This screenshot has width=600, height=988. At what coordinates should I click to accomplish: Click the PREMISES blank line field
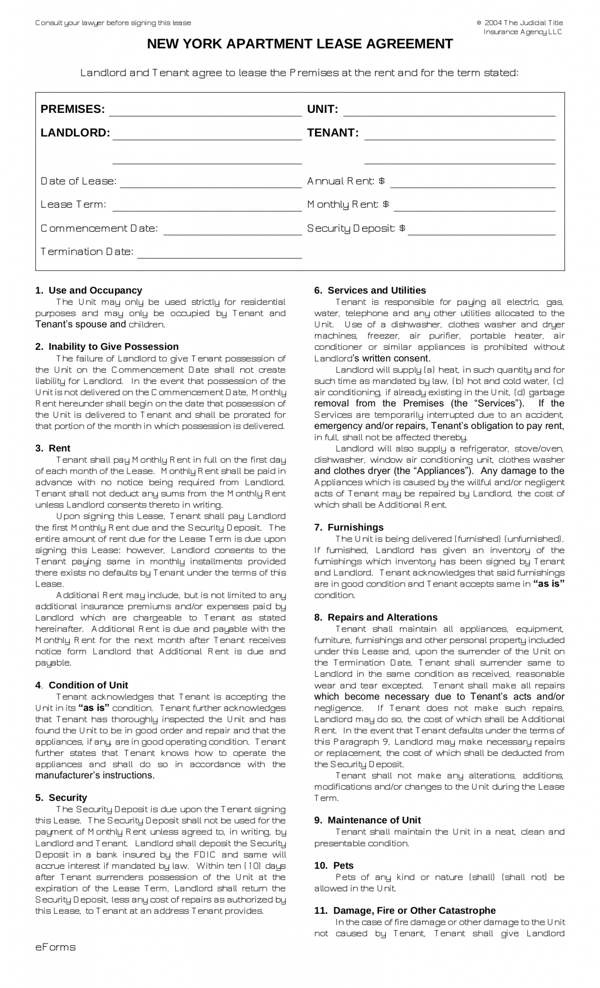tap(205, 111)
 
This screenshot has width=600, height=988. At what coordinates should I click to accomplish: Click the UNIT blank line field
tap(449, 111)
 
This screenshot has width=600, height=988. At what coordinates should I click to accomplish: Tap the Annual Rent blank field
tap(473, 182)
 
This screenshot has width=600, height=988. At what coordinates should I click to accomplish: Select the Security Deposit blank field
tap(481, 230)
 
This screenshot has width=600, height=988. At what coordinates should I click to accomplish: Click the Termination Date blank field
tap(219, 253)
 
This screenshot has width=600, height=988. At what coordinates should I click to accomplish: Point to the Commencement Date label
tap(99, 228)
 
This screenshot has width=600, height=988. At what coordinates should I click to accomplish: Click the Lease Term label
tap(73, 205)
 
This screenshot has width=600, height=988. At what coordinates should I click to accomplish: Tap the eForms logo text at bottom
tap(55, 947)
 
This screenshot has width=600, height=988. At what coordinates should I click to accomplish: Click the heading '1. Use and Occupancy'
tap(89, 290)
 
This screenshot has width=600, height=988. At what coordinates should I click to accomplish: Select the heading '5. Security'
tap(61, 797)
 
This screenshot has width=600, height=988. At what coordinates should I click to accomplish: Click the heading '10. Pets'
tap(334, 865)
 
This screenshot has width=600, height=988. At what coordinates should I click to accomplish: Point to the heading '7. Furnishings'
tap(349, 527)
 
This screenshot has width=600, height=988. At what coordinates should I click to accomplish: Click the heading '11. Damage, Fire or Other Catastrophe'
tap(405, 910)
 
